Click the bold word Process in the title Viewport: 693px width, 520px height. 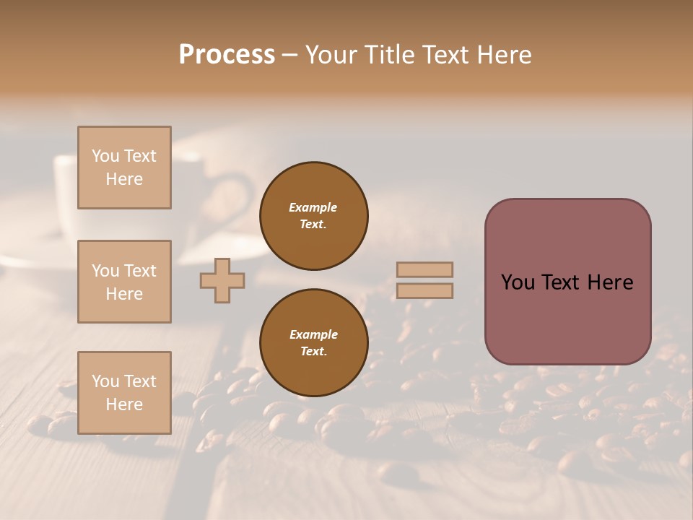point(227,55)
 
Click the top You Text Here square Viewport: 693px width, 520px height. point(124,168)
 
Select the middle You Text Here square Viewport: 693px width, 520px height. point(124,282)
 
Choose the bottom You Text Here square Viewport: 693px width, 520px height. point(124,393)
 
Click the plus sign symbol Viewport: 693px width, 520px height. point(222,280)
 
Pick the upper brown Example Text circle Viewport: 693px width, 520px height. point(313,216)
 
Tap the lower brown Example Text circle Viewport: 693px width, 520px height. point(313,343)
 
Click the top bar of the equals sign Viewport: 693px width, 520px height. point(424,270)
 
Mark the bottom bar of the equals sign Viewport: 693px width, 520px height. point(424,291)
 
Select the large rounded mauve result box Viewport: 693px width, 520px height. point(567,282)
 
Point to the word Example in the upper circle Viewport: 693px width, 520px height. point(313,207)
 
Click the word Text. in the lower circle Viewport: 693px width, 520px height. point(313,352)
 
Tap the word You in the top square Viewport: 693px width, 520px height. point(105,156)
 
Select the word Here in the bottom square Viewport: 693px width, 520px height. point(124,404)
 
